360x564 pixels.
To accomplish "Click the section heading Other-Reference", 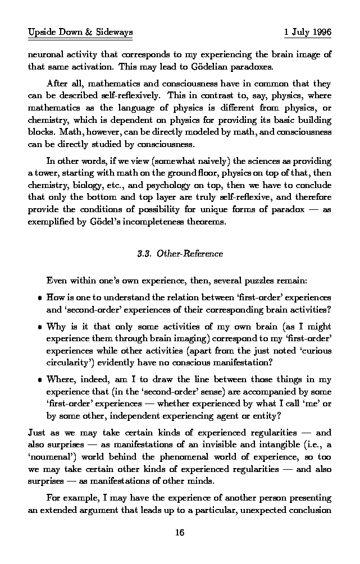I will coord(190,254).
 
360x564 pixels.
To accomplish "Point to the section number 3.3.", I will coord(145,254).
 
